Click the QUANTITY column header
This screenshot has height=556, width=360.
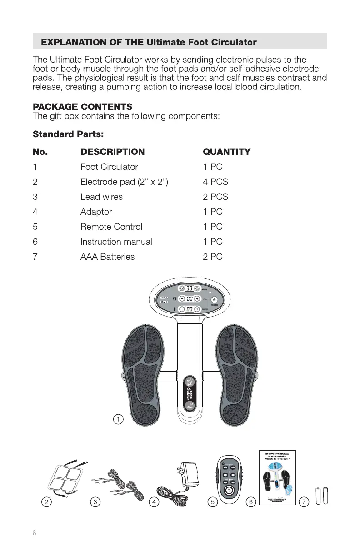226,152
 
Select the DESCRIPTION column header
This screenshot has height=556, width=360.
112,152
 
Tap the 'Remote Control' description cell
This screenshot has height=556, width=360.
111,227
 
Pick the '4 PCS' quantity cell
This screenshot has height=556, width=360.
215,182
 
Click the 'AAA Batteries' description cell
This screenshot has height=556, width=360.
107,257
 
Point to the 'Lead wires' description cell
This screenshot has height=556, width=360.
101,197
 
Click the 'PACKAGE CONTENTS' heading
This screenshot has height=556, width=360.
82,107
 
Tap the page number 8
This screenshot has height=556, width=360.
34,533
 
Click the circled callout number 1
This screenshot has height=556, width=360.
118,419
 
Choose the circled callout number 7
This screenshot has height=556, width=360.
304,502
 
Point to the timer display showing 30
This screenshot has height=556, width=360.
190,288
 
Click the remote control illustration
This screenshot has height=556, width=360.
230,477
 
